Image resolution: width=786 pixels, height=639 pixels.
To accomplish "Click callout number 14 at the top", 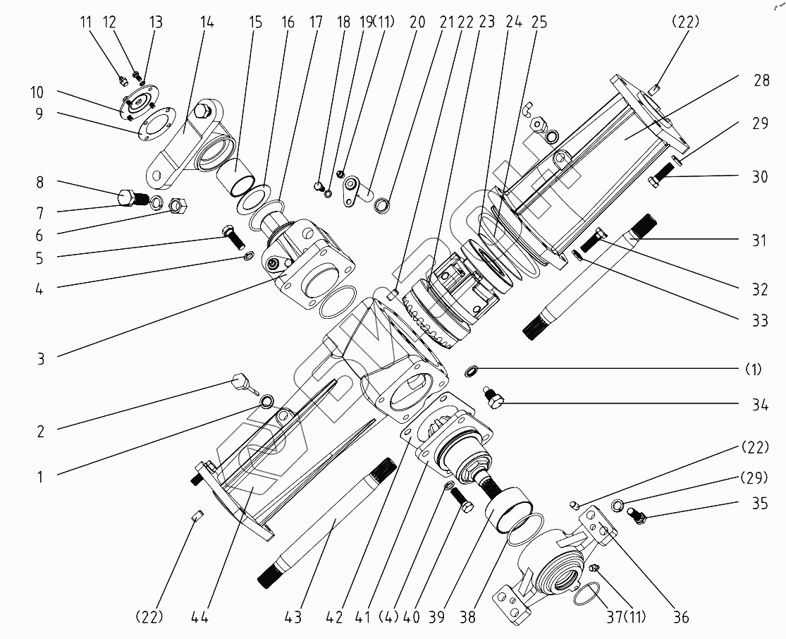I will click(x=207, y=22).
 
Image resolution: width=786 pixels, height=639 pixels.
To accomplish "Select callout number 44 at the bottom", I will click(x=199, y=617).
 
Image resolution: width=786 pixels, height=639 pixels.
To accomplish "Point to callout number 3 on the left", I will click(x=40, y=358).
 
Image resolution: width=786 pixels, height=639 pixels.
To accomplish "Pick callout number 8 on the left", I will click(x=40, y=182).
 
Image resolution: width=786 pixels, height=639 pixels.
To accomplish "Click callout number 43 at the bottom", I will click(x=293, y=617).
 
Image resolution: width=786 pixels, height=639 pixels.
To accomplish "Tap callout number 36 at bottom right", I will click(x=680, y=617).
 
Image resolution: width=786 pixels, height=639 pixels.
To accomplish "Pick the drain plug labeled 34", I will click(x=493, y=400).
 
